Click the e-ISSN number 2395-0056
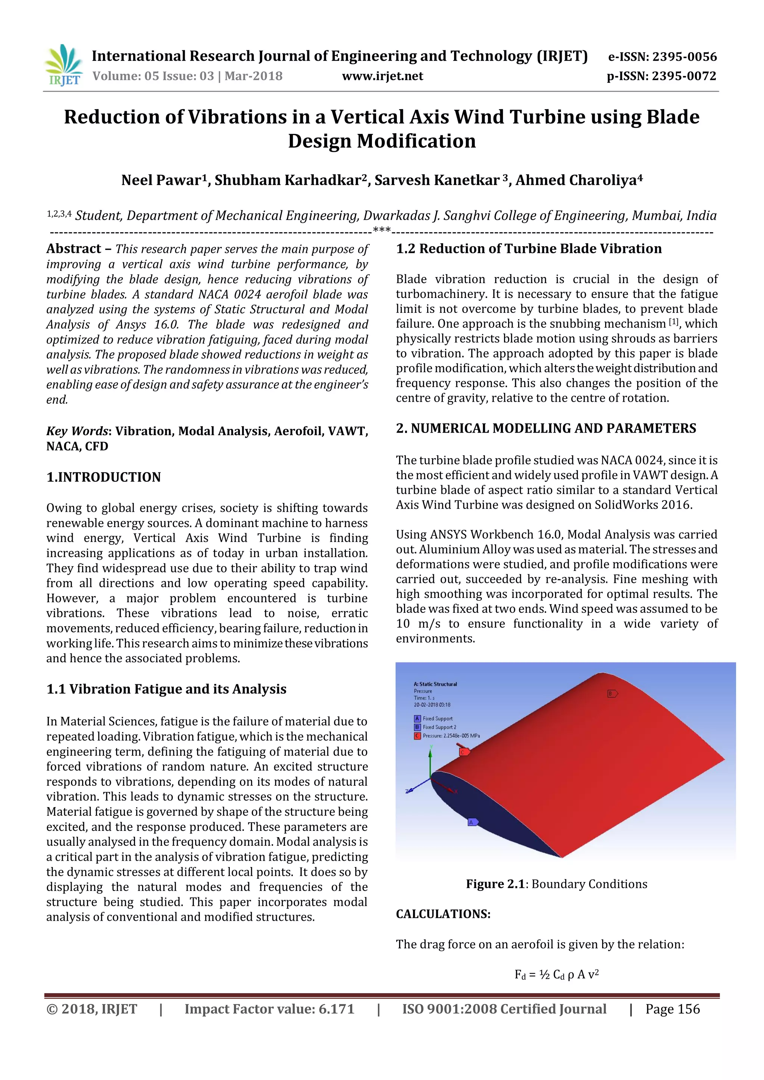point(684,57)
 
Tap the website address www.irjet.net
point(382,76)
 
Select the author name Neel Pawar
point(161,180)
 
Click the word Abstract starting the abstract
point(74,249)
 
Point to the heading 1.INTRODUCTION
point(103,477)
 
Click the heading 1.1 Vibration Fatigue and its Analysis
point(166,689)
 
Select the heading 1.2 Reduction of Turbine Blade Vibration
point(528,249)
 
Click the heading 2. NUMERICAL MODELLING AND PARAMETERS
point(546,428)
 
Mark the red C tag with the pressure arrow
point(463,752)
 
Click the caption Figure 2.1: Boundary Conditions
point(556,884)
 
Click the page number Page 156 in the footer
point(672,1009)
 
